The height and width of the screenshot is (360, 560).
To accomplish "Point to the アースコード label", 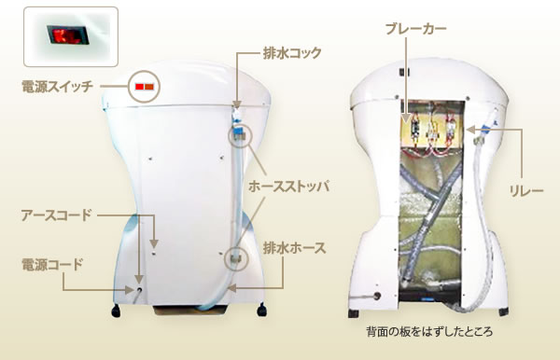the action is pos(56,215).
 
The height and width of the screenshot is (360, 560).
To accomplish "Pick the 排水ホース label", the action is pos(293,247).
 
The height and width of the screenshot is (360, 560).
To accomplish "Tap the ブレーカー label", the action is pos(415,30).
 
